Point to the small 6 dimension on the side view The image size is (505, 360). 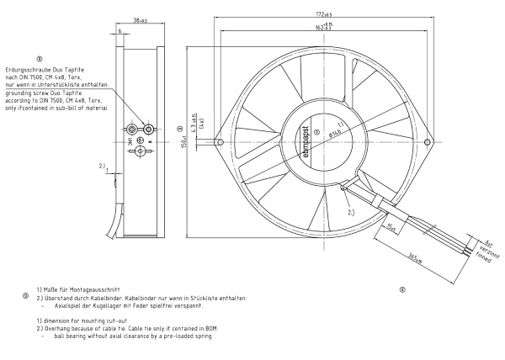click(121, 31)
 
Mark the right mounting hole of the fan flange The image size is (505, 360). click(430, 142)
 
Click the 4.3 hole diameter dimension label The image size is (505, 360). click(196, 122)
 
